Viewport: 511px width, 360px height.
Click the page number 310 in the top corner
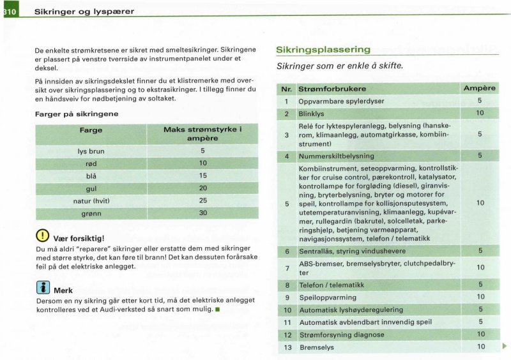10,11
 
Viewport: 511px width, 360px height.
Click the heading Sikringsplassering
323,50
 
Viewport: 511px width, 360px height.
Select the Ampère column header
479,88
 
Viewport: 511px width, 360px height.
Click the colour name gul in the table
91,188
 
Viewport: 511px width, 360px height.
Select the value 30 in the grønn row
202,213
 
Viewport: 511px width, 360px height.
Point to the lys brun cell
91,151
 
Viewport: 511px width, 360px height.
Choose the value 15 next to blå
202,176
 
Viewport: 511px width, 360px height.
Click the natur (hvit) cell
91,200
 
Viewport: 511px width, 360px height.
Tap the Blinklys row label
312,114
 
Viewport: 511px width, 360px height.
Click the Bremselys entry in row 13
316,347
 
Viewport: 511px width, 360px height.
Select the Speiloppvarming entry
328,297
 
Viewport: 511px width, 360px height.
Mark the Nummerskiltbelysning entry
337,156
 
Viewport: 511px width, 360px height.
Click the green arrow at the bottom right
505,347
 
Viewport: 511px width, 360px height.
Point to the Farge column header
91,130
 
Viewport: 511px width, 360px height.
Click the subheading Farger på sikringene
76,114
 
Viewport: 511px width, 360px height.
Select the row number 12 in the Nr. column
287,334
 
